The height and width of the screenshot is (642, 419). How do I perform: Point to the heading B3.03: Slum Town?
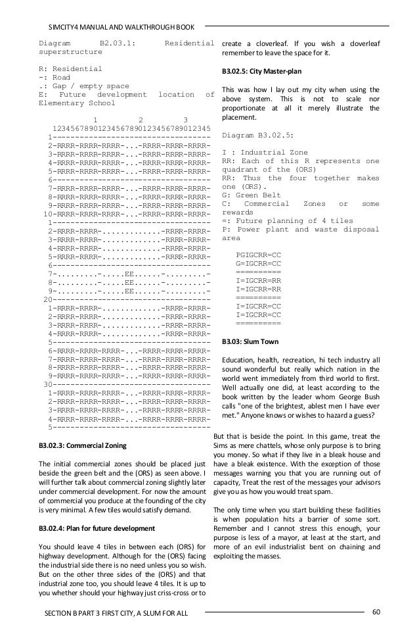coord(250,342)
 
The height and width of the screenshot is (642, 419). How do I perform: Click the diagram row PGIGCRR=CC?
coord(258,255)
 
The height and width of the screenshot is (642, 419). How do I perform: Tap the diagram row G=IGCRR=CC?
coord(258,263)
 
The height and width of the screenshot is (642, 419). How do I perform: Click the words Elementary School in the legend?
coord(68,103)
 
